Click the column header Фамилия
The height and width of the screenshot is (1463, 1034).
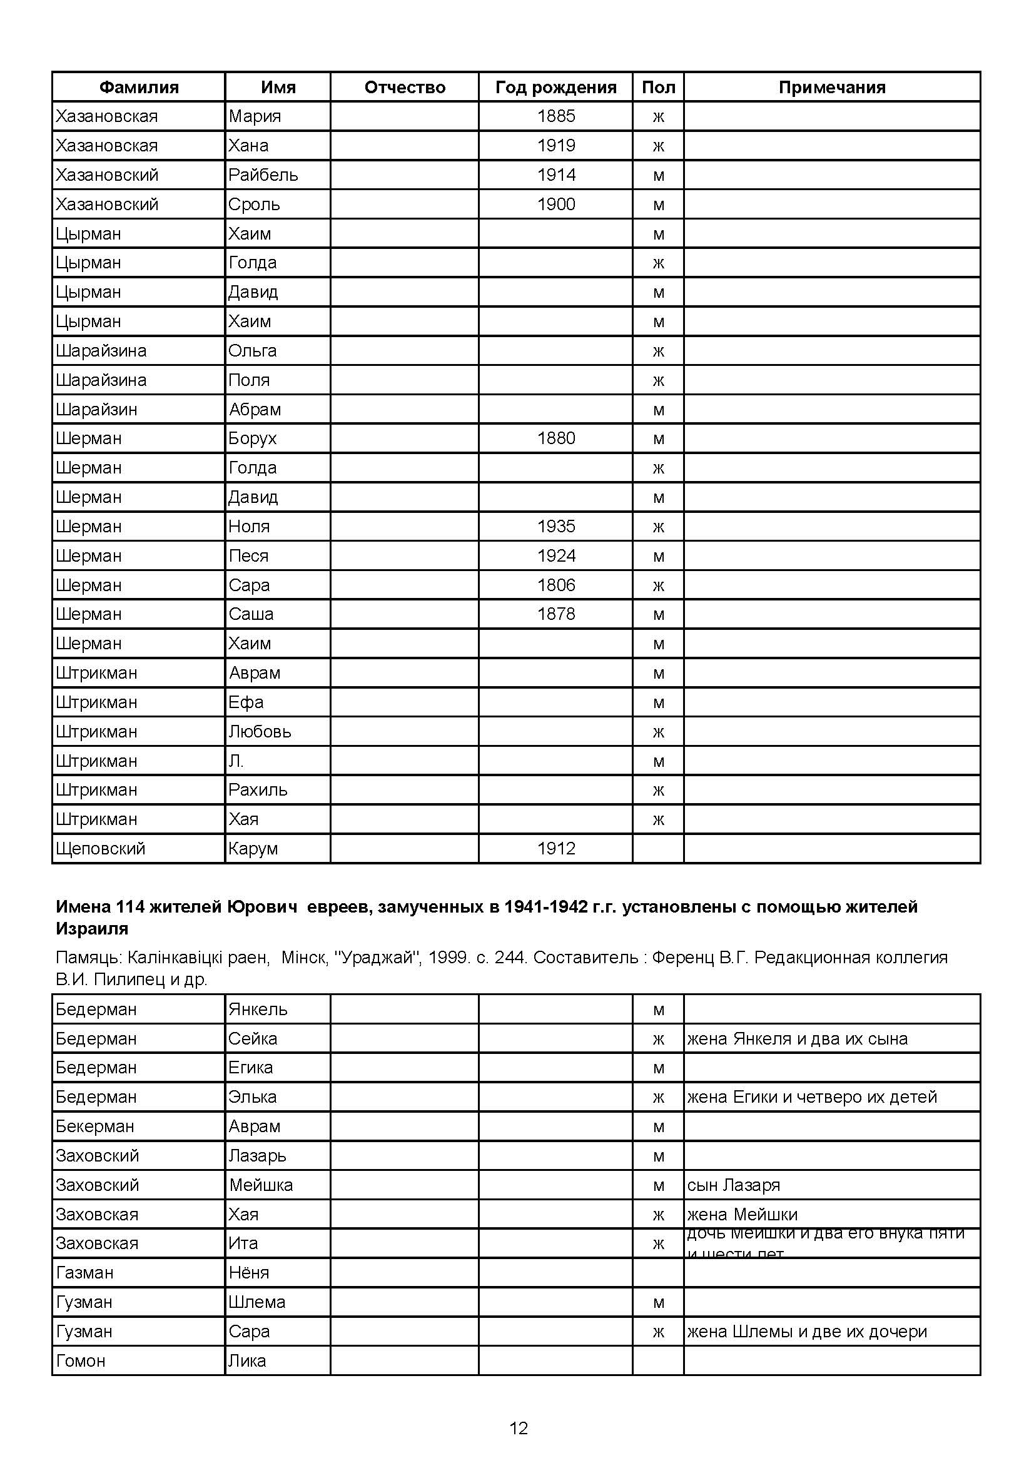139,88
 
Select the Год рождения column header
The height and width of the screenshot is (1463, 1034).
555,88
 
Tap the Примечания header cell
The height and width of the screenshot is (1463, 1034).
831,88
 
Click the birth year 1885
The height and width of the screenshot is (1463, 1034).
555,116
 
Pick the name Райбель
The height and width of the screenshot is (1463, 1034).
263,175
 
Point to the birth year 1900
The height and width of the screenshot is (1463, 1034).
555,204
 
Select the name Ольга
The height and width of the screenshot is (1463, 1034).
252,350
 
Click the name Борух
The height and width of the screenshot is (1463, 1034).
252,438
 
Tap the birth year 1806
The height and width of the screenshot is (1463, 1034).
555,585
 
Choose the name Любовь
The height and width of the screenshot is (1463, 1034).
260,732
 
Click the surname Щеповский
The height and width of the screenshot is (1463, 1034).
101,849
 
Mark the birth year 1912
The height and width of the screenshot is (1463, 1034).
555,849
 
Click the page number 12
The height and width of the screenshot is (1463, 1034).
519,1428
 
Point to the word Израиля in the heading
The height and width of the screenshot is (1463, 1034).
92,928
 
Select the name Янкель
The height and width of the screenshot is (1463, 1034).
258,1010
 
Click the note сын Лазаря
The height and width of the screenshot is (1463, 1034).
733,1185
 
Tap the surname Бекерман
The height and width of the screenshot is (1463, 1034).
95,1126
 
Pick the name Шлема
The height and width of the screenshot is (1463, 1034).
256,1302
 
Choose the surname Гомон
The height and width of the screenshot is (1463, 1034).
80,1361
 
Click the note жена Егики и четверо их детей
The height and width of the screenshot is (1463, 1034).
812,1097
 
